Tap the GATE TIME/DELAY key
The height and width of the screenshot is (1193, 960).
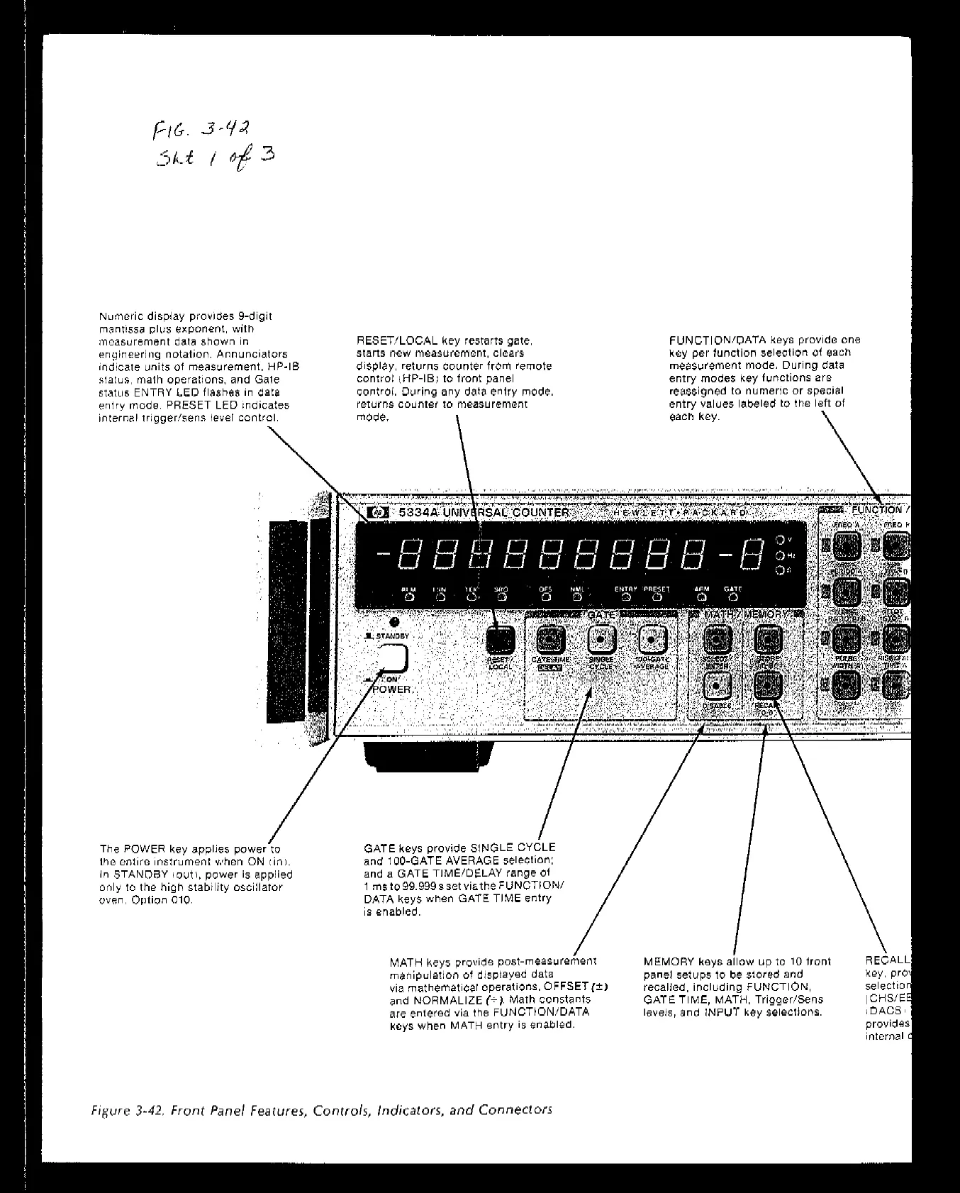[550, 640]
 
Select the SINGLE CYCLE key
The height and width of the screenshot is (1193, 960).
[601, 640]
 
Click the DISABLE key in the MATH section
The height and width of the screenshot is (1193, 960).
[717, 687]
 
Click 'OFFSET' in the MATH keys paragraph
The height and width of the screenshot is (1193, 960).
[566, 987]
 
